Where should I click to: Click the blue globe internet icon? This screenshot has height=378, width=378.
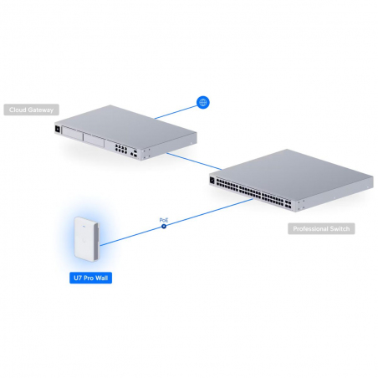[202, 102]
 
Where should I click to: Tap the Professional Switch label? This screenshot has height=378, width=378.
[320, 228]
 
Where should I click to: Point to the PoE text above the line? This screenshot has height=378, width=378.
[164, 220]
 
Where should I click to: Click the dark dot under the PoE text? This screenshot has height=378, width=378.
[164, 227]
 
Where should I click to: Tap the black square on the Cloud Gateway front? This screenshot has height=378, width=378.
[57, 131]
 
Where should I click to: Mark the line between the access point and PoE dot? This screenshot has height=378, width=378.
[134, 235]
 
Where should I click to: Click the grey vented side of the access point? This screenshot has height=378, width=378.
[101, 242]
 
